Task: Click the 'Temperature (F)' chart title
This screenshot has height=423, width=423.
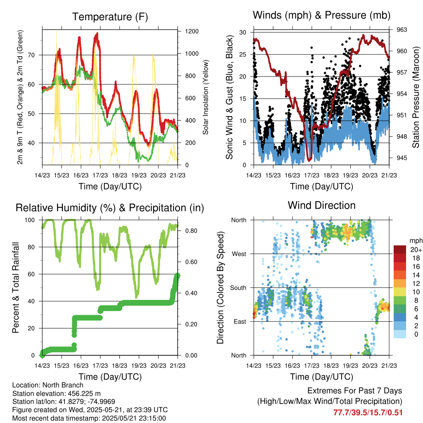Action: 110,17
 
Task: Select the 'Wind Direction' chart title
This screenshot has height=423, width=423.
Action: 321,205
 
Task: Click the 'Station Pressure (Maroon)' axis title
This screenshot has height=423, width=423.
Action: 416,97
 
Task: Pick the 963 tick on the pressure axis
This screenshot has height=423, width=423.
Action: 402,30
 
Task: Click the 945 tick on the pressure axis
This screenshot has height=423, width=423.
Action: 402,157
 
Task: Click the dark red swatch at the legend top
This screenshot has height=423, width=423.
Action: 400,250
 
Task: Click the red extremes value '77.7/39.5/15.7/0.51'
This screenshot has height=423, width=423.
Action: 368,412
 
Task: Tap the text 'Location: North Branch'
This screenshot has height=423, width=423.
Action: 48,385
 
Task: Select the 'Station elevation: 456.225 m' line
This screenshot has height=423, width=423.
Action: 57,394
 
